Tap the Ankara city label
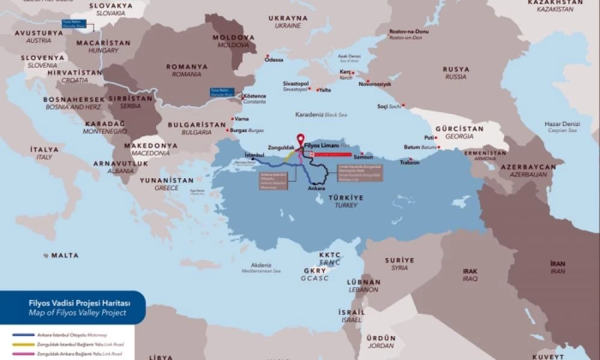[x=316, y=188]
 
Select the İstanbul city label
[x=255, y=155]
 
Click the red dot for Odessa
[x=267, y=56]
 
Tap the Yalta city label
[x=325, y=90]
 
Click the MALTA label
[x=64, y=256]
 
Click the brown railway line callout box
[x=359, y=171]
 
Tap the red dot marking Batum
[x=439, y=147]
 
